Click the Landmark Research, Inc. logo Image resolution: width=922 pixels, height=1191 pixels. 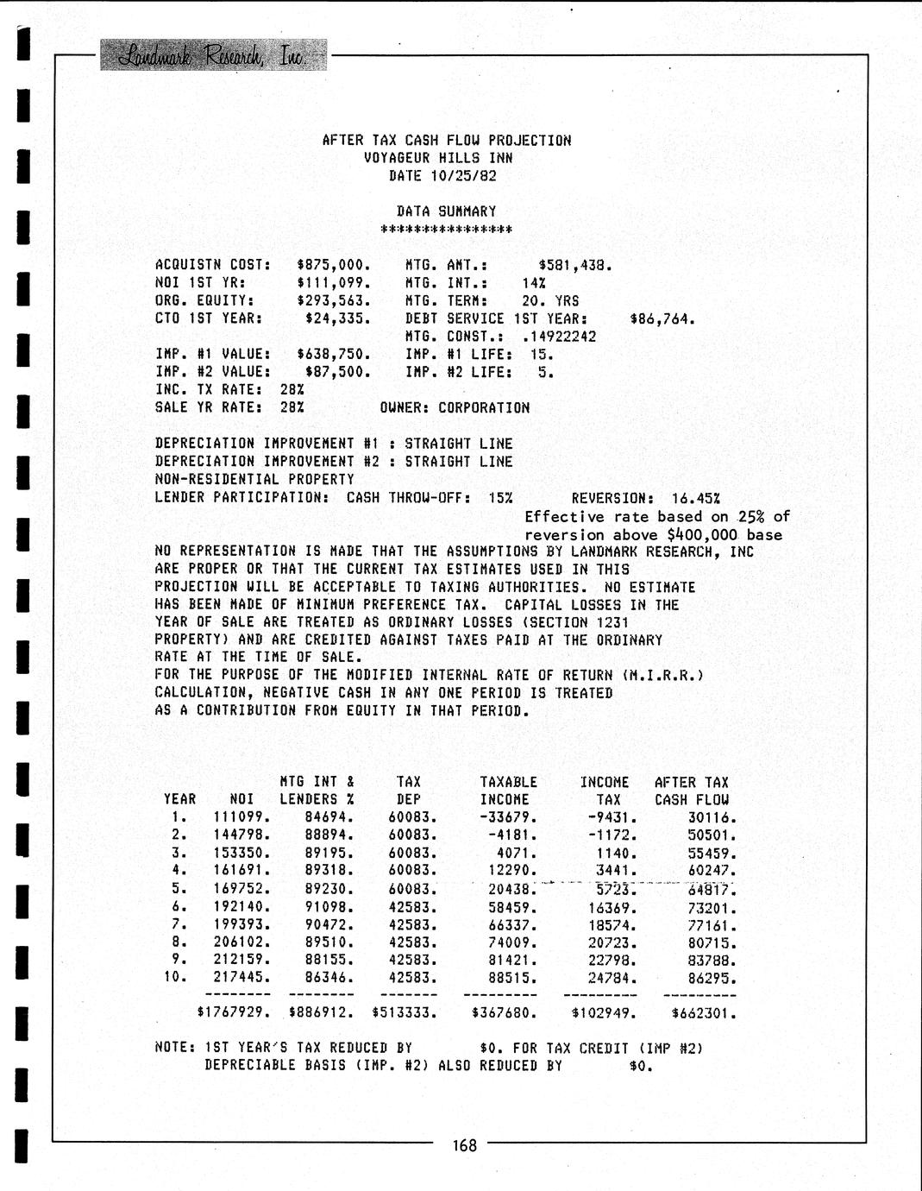(213, 55)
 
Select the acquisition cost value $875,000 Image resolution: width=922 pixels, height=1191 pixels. (334, 265)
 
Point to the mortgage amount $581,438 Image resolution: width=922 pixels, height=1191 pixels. (575, 265)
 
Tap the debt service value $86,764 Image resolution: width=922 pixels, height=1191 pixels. (662, 319)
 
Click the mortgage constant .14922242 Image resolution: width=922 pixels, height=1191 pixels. (559, 337)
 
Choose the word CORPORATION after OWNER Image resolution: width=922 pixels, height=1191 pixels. (484, 407)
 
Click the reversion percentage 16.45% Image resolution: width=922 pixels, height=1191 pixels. (695, 498)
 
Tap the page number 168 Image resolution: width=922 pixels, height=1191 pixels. (464, 1146)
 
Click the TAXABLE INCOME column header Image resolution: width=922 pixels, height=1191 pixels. (508, 791)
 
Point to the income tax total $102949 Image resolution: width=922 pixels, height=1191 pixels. (601, 1013)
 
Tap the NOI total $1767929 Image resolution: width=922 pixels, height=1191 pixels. (235, 1013)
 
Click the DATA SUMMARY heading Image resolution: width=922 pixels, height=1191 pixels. (446, 211)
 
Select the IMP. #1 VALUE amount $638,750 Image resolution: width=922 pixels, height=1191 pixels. (334, 354)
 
